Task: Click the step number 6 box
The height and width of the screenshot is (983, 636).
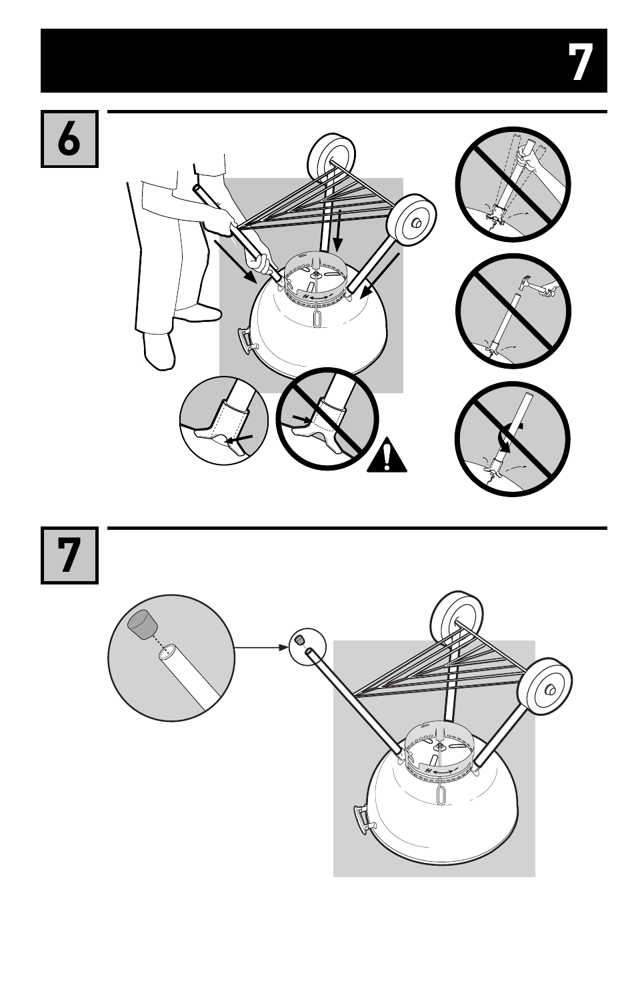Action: (69, 139)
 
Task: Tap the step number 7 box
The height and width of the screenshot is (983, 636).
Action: (69, 555)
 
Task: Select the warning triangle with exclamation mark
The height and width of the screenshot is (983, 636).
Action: (387, 457)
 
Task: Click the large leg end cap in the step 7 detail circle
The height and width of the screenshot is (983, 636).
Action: (142, 625)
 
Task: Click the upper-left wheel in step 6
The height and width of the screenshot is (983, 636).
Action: (329, 157)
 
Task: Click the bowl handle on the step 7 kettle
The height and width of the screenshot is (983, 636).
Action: (360, 818)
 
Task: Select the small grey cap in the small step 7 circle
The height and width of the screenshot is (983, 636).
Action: (301, 640)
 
